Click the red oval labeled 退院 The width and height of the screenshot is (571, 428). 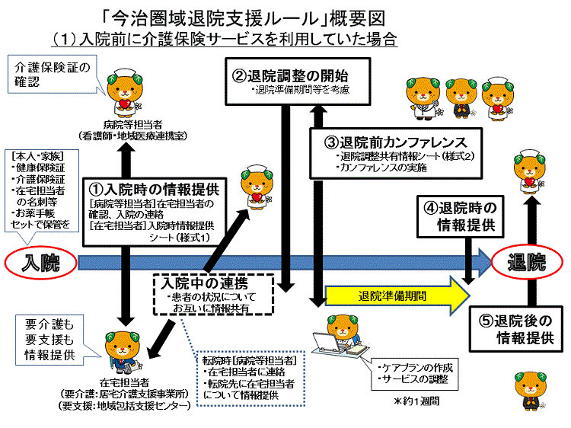coord(526,264)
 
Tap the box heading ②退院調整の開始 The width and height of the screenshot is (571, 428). coord(289,76)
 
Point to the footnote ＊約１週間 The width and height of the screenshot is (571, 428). coord(416,399)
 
